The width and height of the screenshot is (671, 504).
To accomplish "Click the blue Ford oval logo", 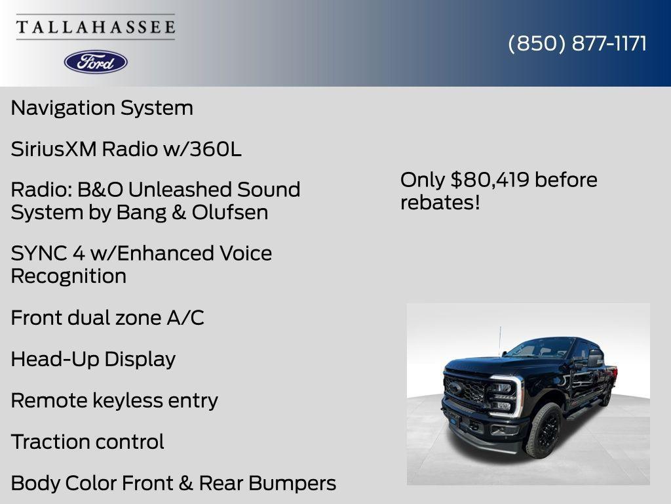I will click(96, 62).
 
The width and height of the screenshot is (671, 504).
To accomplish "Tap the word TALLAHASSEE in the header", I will click(96, 28).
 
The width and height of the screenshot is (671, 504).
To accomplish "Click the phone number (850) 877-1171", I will click(577, 43).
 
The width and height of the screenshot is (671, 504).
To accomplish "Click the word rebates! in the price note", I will click(440, 202).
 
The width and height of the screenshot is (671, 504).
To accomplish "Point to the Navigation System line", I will click(102, 108).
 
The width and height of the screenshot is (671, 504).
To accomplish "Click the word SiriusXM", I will click(54, 149).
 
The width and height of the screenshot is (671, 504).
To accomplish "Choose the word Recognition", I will click(68, 276).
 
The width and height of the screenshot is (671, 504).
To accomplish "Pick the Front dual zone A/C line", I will click(107, 318).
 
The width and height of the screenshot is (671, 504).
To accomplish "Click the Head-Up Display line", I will click(93, 359).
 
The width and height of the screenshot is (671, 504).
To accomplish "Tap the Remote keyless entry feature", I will click(114, 400).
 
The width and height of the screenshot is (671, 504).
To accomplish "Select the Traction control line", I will click(87, 442).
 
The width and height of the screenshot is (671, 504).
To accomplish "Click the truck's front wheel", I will click(545, 430).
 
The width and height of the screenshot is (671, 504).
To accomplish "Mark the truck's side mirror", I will click(594, 358).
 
